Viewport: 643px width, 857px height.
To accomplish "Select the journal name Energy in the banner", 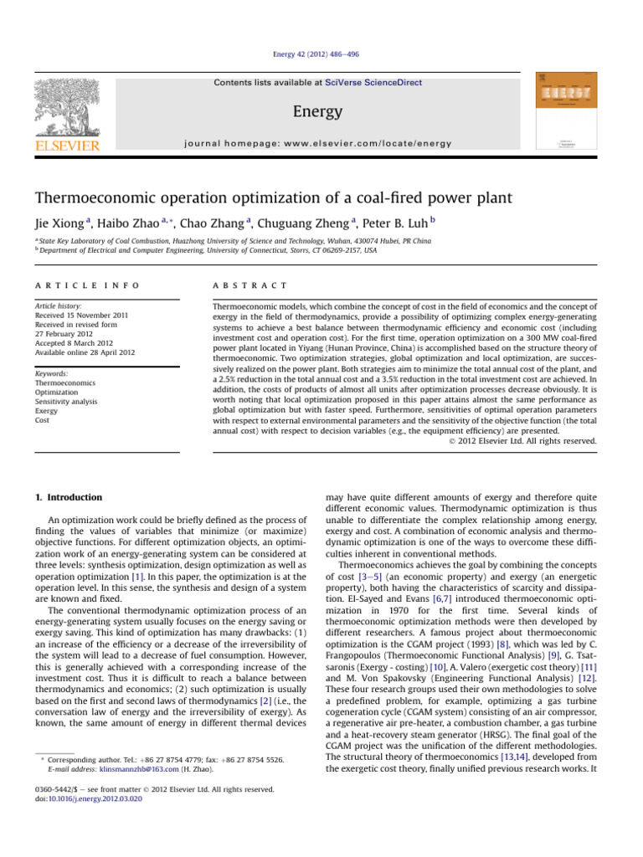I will (321, 110).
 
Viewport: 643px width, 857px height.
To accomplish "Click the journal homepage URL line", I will (321, 144).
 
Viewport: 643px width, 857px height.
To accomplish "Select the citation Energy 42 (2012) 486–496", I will (321, 55).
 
